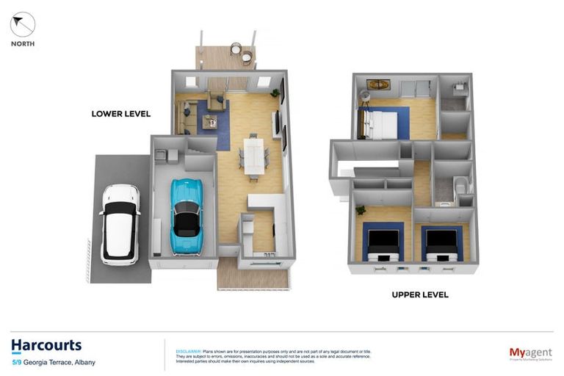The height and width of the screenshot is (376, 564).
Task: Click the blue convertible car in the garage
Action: coord(186,216)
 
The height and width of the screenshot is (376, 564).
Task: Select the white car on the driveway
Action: coord(120,224)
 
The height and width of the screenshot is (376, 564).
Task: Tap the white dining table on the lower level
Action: coord(253,155)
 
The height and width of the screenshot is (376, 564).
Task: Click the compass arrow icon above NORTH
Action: coord(23,24)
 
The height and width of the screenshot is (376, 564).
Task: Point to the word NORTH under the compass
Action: coord(23,44)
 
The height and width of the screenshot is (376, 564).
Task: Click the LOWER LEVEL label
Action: coord(120,114)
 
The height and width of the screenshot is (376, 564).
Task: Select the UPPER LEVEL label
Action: coord(419,294)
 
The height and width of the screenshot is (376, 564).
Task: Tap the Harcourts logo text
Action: coord(46,345)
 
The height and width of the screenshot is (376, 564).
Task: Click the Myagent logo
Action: coord(530,354)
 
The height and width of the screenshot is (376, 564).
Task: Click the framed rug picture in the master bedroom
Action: coord(379,84)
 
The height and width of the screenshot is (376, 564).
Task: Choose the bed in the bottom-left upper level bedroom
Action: coord(383,244)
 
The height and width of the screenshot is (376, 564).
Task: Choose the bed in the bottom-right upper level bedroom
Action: coord(441,244)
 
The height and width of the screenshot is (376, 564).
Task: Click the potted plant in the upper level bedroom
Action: coord(361,211)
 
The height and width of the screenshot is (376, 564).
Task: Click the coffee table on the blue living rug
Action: coord(209,122)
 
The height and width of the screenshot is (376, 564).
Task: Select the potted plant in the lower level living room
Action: coord(275,93)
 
